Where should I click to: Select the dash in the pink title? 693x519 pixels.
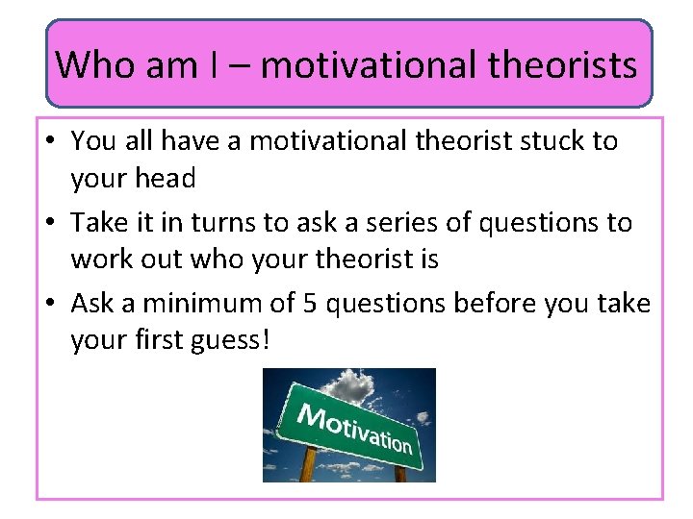[242, 65]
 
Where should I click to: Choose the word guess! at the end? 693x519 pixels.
[230, 341]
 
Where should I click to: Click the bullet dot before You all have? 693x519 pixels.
[50, 142]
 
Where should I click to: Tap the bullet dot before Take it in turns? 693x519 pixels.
[50, 224]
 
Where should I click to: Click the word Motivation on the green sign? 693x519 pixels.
[354, 428]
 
